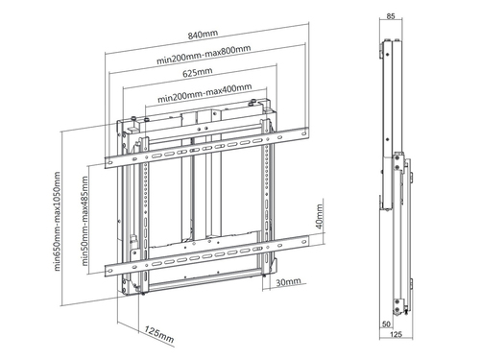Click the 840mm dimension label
pos(203,35)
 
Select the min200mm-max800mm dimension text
pos(204,55)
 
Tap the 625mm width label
pos(198,72)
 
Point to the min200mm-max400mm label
pos(204,93)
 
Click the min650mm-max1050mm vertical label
pos(57,222)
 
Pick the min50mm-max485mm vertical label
pos(84,221)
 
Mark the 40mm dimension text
pos(319,217)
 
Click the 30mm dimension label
pos(288,282)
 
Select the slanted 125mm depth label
pos(159,334)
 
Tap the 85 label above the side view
pos(391,16)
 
